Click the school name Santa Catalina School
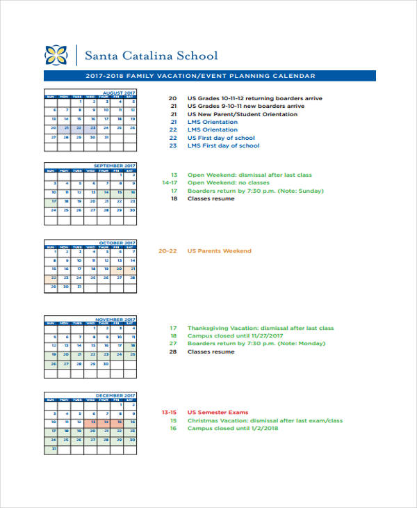pyautogui.click(x=151, y=56)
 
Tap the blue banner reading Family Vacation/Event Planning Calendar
pyautogui.click(x=209, y=76)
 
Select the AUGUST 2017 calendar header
pyautogui.click(x=119, y=93)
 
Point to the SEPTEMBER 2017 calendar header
pyautogui.click(x=115, y=166)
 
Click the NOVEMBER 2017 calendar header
pyautogui.click(x=115, y=319)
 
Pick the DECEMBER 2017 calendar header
pyautogui.click(x=115, y=395)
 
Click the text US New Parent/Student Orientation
pyautogui.click(x=242, y=114)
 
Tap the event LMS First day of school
pyautogui.click(x=223, y=145)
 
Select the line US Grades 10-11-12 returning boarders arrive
pyautogui.click(x=254, y=98)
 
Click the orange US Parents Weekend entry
pyautogui.click(x=219, y=251)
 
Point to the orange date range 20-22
pyautogui.click(x=168, y=251)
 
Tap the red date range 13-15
pyautogui.click(x=169, y=413)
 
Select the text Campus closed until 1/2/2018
pyautogui.click(x=231, y=429)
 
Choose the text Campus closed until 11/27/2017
pyautogui.click(x=235, y=335)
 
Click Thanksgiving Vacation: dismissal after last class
pyautogui.click(x=261, y=328)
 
